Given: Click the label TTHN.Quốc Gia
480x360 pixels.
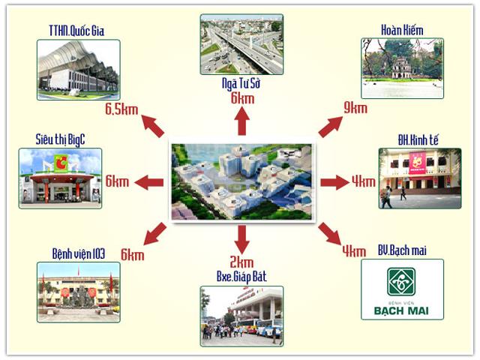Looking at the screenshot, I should click(x=77, y=31).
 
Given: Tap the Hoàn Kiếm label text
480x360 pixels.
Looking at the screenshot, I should click(x=402, y=30).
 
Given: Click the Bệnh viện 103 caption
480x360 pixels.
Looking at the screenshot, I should click(x=78, y=251).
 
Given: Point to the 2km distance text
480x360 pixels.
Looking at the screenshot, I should click(x=241, y=262).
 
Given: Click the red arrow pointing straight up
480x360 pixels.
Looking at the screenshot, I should click(x=241, y=121).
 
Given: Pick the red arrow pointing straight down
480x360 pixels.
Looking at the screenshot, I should click(x=241, y=238).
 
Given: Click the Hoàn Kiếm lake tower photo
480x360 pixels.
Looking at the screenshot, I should click(x=402, y=69).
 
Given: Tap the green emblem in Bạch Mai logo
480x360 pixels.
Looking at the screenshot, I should click(x=401, y=282).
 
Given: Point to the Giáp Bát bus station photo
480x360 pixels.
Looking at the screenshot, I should click(x=241, y=314).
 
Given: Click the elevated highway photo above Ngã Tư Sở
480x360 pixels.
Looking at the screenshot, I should click(x=241, y=44).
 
